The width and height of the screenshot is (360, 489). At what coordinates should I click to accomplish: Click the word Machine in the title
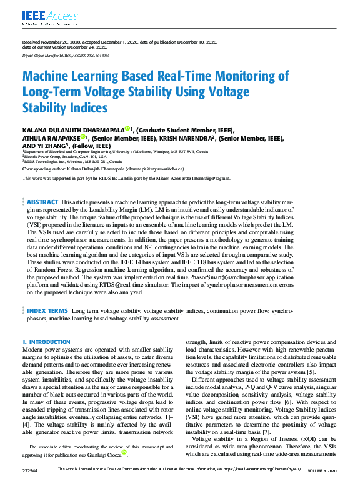click(x=49, y=77)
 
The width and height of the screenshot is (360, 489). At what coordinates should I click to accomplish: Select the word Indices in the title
click(x=86, y=107)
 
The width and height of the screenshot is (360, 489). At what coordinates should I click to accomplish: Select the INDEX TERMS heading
click(x=47, y=310)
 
